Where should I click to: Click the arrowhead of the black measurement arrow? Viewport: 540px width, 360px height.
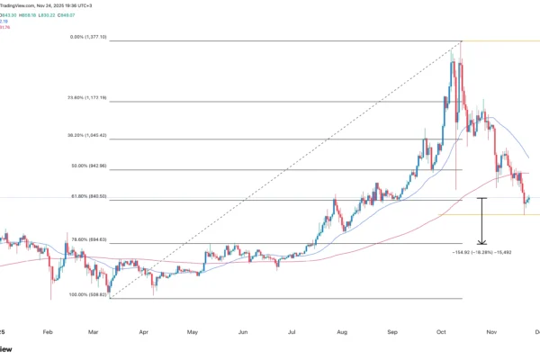coord(483,242)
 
